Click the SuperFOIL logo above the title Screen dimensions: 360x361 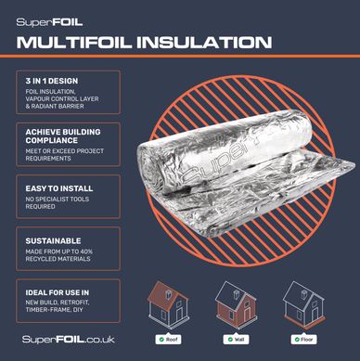49,22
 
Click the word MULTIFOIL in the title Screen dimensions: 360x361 74,43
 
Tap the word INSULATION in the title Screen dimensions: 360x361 204,43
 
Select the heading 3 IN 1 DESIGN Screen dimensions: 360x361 52,81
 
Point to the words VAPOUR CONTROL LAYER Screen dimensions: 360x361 62,99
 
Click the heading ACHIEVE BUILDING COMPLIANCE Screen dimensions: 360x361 63,136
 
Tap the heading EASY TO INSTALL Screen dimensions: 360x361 59,188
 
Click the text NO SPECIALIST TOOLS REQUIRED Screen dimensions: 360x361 58,202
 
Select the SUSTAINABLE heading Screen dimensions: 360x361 53,241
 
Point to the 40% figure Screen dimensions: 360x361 85,251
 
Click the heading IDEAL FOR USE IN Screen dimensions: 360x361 58,292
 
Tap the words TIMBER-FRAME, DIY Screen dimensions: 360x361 55,310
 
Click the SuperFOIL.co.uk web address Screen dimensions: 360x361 69,340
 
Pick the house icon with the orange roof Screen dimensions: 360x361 168,304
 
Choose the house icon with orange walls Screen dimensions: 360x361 236,304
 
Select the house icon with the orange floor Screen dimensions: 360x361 303,304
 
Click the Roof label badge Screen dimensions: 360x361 168,340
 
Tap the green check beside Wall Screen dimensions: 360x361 230,340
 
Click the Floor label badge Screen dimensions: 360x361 303,340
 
